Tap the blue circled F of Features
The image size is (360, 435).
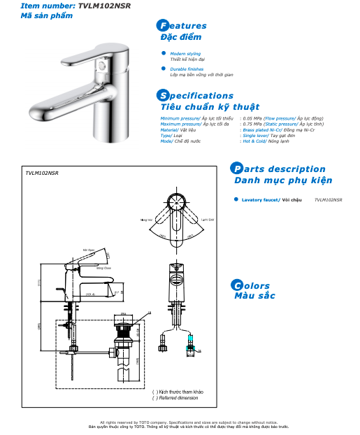tap(164, 26)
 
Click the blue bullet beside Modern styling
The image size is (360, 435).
tap(164, 52)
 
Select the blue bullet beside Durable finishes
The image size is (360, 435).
tap(164, 69)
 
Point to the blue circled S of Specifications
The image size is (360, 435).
tap(164, 96)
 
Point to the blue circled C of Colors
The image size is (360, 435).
tap(237, 285)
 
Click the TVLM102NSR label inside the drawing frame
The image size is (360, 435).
tap(41, 171)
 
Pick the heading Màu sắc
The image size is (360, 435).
tap(254, 296)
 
